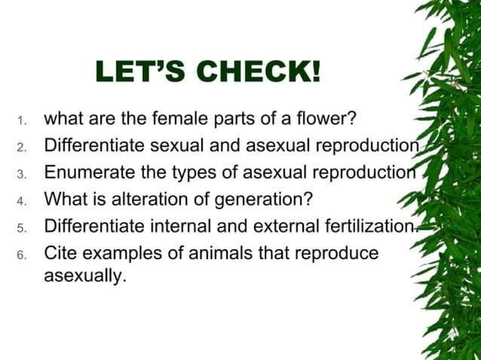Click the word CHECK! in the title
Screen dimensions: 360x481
[259, 74]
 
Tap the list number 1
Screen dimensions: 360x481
[23, 121]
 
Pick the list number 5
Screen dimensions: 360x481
[23, 228]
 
